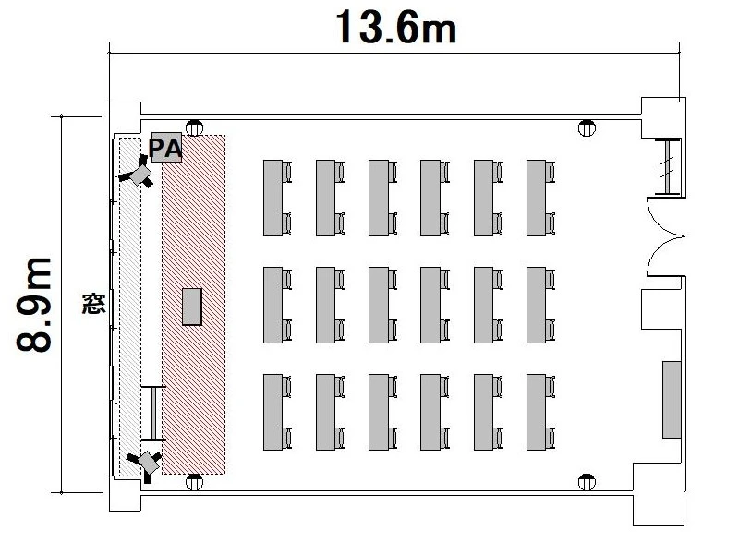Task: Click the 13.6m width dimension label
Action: click(396, 28)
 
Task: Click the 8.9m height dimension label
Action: click(33, 305)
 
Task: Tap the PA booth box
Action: click(166, 148)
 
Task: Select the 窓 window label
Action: click(93, 304)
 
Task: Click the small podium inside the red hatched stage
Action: click(192, 307)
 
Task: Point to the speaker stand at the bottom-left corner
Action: click(145, 464)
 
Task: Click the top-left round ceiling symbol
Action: click(194, 128)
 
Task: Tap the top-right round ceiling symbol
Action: click(587, 128)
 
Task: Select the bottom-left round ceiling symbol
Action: click(194, 482)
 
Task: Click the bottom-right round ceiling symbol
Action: click(587, 482)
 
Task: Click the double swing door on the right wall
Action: click(665, 237)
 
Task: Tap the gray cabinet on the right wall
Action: click(672, 400)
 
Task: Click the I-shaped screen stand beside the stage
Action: click(153, 413)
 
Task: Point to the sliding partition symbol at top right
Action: click(667, 167)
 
